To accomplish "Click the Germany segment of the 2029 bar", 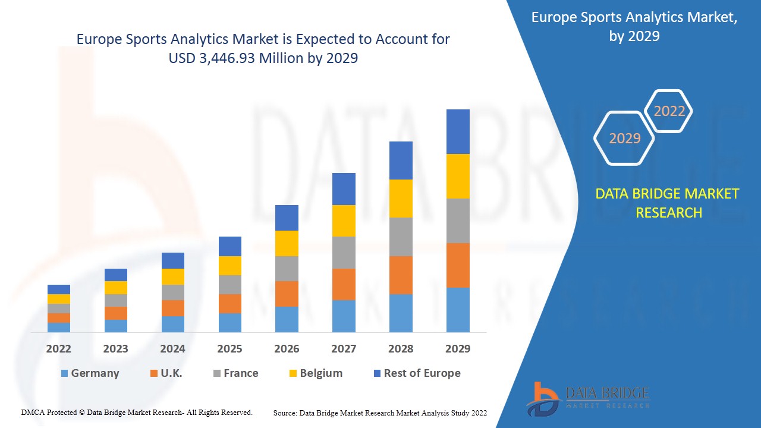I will pyautogui.click(x=458, y=310).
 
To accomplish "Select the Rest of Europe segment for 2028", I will pyautogui.click(x=401, y=160).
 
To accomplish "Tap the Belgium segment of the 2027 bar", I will pyautogui.click(x=344, y=221).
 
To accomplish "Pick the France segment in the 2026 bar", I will pyautogui.click(x=287, y=269).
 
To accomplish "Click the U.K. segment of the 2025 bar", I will pyautogui.click(x=230, y=303).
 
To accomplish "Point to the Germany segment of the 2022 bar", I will pyautogui.click(x=59, y=327).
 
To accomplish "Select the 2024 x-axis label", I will pyautogui.click(x=172, y=349).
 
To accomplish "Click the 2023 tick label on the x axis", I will pyautogui.click(x=115, y=349).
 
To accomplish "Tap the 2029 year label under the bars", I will pyautogui.click(x=458, y=349).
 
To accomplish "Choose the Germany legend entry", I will pyautogui.click(x=90, y=373).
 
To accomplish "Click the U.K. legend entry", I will pyautogui.click(x=166, y=373).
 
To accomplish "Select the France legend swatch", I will pyautogui.click(x=217, y=373).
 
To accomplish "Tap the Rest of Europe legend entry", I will pyautogui.click(x=416, y=373).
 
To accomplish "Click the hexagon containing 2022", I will pyautogui.click(x=669, y=111).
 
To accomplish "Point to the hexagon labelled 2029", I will pyautogui.click(x=624, y=139).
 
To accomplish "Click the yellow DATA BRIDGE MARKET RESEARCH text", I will pyautogui.click(x=667, y=203).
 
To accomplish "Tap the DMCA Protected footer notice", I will pyautogui.click(x=137, y=412).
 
